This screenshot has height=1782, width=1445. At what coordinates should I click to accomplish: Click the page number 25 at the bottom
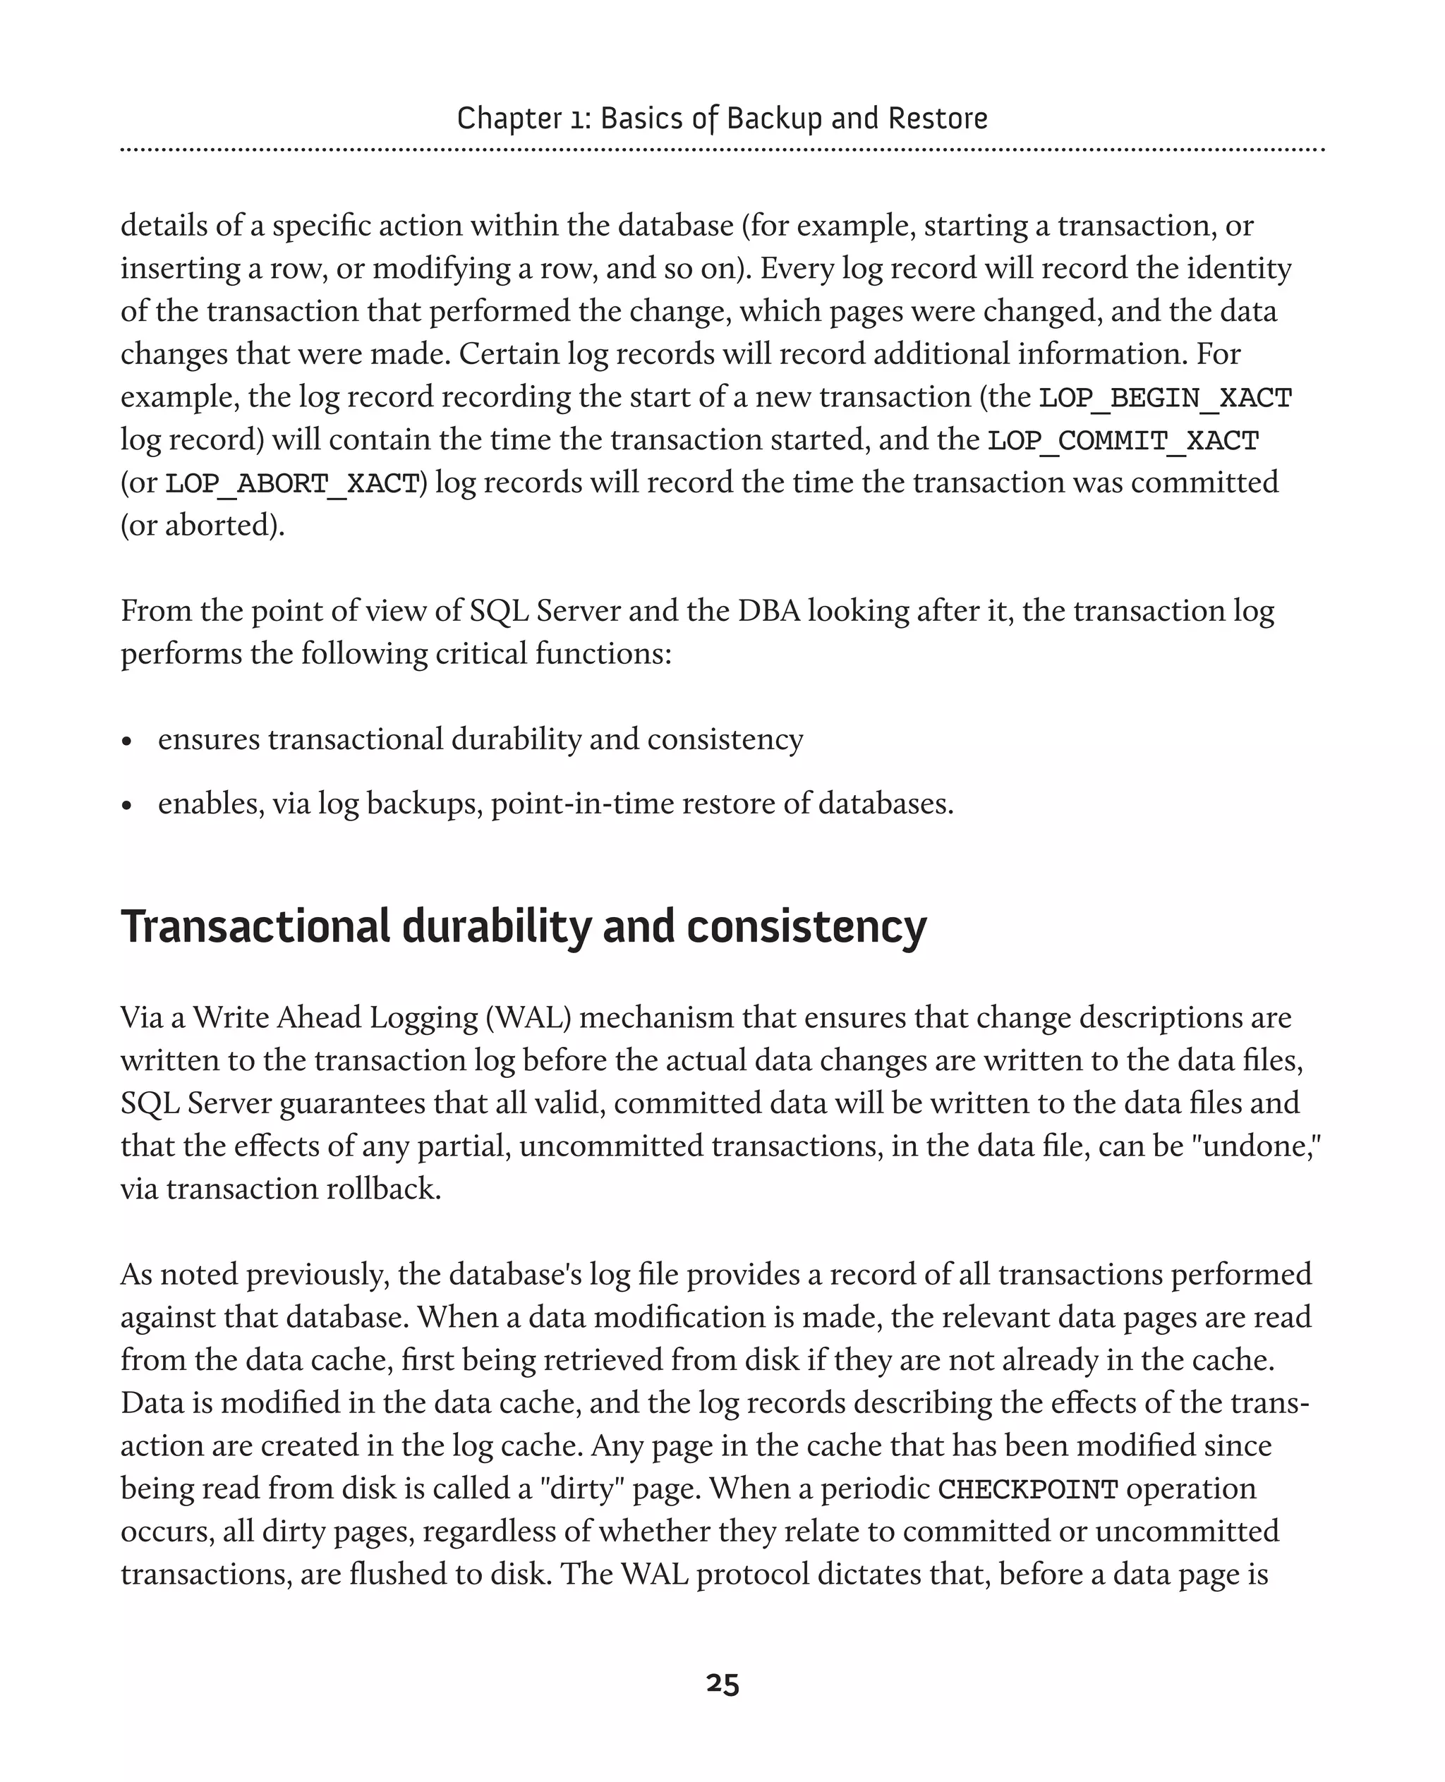(722, 1683)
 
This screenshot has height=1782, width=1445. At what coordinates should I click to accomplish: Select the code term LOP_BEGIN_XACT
(1164, 398)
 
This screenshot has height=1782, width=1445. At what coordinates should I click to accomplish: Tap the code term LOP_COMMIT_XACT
(1123, 440)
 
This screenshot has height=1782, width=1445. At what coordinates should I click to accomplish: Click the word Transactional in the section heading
(255, 926)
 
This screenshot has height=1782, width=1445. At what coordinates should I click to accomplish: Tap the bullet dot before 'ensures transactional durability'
(126, 741)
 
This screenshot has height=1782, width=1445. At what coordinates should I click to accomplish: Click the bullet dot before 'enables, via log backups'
(126, 805)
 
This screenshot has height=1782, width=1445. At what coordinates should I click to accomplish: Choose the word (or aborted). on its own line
(202, 525)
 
